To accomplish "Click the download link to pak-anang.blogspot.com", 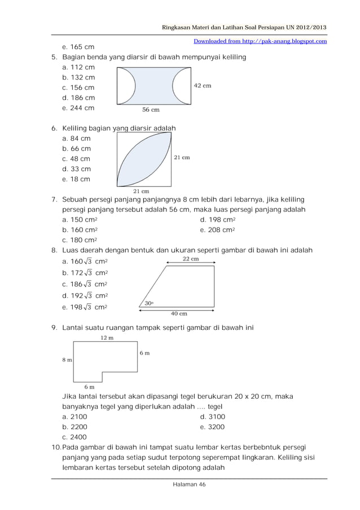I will [x=260, y=41].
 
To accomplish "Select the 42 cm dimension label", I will [x=203, y=86].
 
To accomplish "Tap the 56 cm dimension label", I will [x=150, y=111].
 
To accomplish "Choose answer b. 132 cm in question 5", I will [x=78, y=77].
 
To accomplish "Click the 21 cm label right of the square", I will [x=181, y=158].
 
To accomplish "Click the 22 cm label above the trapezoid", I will [x=190, y=259].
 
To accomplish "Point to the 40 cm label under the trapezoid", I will [x=179, y=313].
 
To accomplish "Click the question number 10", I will [x=55, y=447].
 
